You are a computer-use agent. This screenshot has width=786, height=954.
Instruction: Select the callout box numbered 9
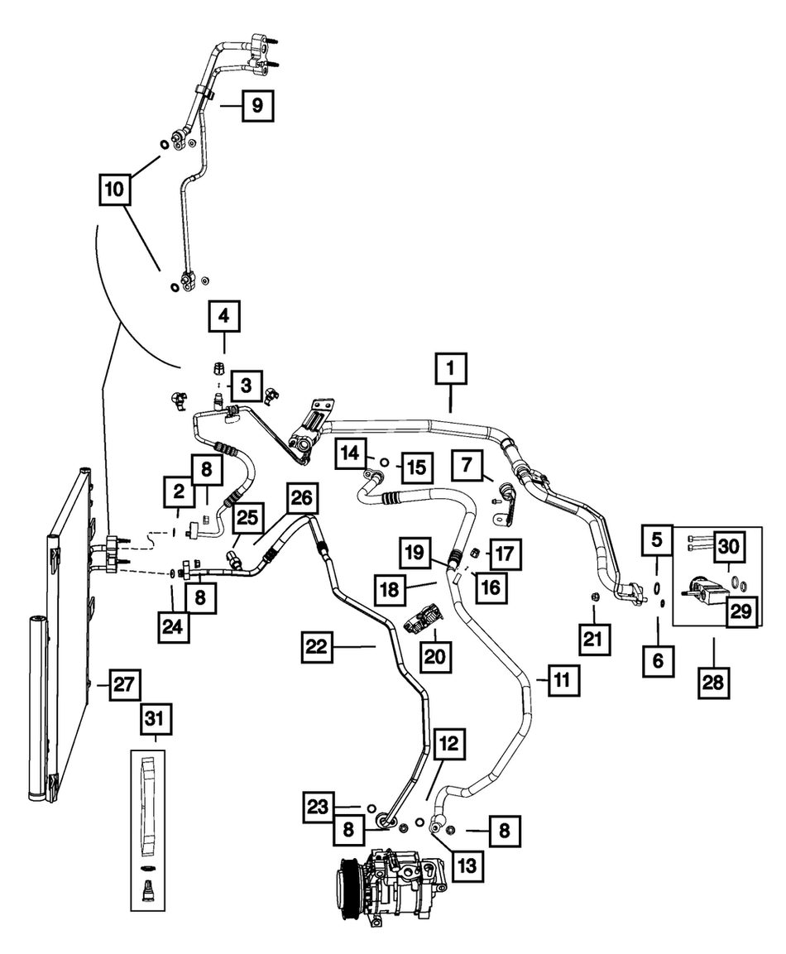point(256,105)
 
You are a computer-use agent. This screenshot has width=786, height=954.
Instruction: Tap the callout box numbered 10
point(113,189)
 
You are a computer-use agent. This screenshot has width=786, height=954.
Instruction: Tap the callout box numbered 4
point(223,315)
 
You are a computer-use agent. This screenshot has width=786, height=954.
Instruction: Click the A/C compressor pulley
point(348,883)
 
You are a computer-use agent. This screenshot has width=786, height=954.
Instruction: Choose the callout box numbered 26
point(301,500)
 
